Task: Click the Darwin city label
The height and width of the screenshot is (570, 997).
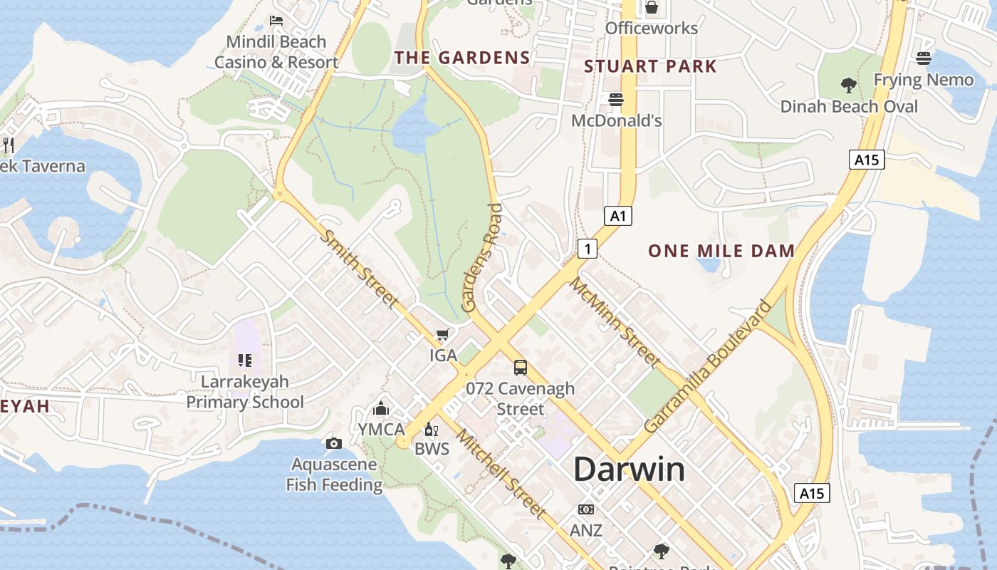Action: coord(629,470)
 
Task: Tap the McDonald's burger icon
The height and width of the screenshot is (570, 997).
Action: coord(616,100)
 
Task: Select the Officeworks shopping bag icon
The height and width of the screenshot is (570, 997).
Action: coord(651,8)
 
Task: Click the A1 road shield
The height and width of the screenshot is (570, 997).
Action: coord(618,215)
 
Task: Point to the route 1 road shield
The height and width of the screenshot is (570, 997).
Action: coord(587,249)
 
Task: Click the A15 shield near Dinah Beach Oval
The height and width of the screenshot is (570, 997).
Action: coord(867,160)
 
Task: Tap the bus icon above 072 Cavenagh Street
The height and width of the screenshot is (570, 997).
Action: coord(521,368)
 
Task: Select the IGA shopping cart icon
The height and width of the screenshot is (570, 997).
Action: coord(443,334)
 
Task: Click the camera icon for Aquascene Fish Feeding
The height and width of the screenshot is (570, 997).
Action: coord(333,443)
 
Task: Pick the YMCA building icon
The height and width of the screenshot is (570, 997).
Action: coord(381,409)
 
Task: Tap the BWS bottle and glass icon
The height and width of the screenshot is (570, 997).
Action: coord(431,429)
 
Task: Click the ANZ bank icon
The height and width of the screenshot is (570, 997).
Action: coord(586,509)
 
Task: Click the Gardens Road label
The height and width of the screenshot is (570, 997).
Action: coord(481,258)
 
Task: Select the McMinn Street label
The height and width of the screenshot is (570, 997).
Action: coord(614,321)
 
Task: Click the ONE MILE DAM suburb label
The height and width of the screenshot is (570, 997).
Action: coord(721,251)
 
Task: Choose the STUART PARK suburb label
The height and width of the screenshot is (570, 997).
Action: coord(650,66)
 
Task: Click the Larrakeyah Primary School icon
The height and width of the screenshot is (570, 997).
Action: coord(245,361)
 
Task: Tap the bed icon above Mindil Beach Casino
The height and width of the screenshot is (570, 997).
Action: coord(276,21)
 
